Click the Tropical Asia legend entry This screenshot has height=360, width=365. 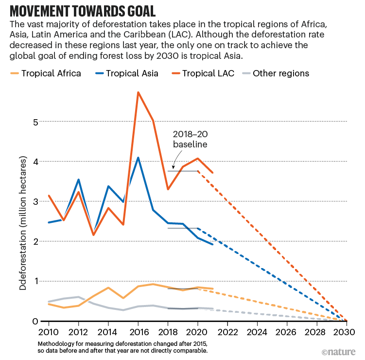tap(126, 73)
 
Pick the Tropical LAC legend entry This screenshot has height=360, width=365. tap(204, 73)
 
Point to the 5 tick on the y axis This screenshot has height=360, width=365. tap(35, 122)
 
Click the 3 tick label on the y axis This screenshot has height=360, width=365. tap(35, 201)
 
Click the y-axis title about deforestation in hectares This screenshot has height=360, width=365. tap(23, 223)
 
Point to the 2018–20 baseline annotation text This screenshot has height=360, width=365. tap(191, 140)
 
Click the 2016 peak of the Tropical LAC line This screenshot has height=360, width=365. tap(138, 92)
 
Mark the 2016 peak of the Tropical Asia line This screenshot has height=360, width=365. tap(138, 158)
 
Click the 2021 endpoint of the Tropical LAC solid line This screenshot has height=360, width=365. tap(212, 172)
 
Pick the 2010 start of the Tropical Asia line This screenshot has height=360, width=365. tap(49, 222)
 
